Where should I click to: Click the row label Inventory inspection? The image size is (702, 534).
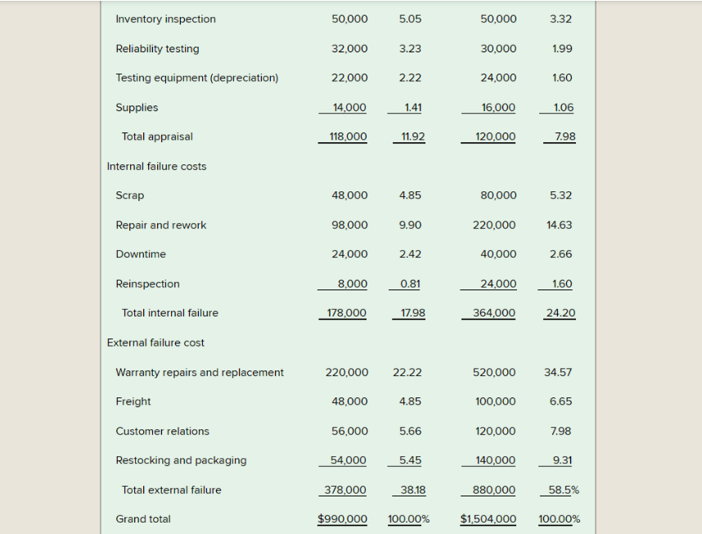pyautogui.click(x=166, y=19)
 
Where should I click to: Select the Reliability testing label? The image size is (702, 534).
pyautogui.click(x=157, y=48)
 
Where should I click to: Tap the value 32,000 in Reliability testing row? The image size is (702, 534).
pyautogui.click(x=349, y=48)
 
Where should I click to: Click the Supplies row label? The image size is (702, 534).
pyautogui.click(x=137, y=107)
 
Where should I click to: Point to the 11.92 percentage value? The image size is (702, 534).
pyautogui.click(x=410, y=137)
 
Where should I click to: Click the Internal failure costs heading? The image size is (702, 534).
pyautogui.click(x=156, y=166)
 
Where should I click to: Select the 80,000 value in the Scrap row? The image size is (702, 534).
pyautogui.click(x=498, y=195)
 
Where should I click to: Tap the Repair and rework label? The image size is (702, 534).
pyautogui.click(x=161, y=225)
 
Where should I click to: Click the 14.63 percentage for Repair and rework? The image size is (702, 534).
pyautogui.click(x=560, y=225)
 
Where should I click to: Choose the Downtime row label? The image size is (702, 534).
pyautogui.click(x=141, y=254)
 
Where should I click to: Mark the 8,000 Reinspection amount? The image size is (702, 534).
pyautogui.click(x=353, y=284)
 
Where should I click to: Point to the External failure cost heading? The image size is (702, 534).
pyautogui.click(x=155, y=343)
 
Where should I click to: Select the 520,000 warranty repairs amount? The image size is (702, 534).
pyautogui.click(x=494, y=372)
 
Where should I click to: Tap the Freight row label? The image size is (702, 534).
pyautogui.click(x=133, y=402)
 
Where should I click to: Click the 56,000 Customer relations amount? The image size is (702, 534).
pyautogui.click(x=349, y=431)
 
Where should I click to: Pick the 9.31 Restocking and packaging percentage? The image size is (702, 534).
pyautogui.click(x=562, y=460)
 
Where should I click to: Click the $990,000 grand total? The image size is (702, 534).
pyautogui.click(x=342, y=519)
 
